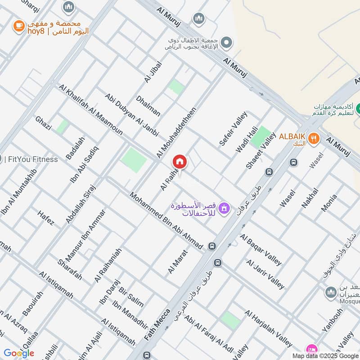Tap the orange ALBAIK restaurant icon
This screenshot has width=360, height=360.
[315, 139]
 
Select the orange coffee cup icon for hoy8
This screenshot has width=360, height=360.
[18, 26]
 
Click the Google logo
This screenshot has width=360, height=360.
[19, 353]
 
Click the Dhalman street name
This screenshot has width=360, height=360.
[148, 106]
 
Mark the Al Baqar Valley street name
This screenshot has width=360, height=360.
[261, 250]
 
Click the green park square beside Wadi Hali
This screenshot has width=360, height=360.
[261, 137]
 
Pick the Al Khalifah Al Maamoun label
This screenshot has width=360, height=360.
[90, 110]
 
